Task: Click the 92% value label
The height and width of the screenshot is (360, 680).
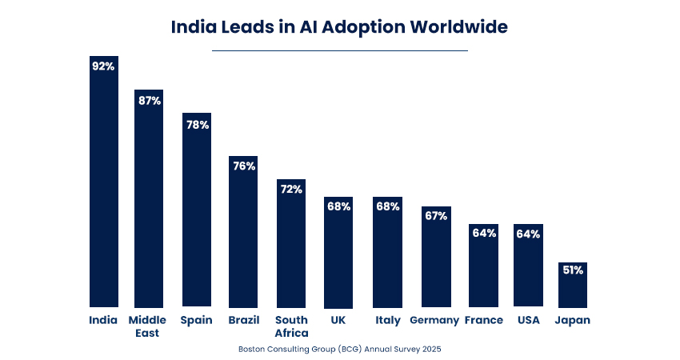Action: click(x=103, y=66)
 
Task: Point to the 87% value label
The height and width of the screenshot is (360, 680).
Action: click(x=149, y=101)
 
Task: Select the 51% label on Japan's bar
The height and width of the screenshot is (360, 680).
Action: click(x=572, y=270)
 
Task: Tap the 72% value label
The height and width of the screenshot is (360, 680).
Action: click(x=291, y=189)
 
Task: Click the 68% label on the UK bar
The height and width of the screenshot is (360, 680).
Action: click(x=338, y=206)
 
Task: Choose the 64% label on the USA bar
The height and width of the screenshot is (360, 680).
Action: click(x=528, y=234)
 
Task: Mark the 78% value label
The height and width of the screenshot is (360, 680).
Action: click(x=197, y=125)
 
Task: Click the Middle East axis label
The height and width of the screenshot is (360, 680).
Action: click(x=147, y=326)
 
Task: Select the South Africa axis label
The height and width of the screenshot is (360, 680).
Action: click(x=291, y=326)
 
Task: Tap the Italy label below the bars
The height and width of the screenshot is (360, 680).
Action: click(x=388, y=320)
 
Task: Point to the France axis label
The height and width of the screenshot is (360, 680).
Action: click(x=483, y=320)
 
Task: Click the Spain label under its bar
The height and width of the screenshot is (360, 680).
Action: click(x=197, y=320)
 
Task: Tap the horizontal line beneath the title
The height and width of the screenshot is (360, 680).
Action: click(x=339, y=50)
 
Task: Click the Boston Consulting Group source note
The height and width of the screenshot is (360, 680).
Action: click(x=339, y=349)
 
